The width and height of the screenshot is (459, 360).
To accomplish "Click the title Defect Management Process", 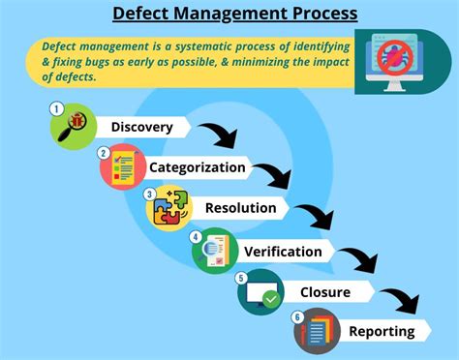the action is coord(234,15).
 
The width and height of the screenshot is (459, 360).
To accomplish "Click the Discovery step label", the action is coord(142,127).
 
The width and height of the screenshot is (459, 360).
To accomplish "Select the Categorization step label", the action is coord(197,166).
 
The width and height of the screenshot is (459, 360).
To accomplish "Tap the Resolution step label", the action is coord(240,207).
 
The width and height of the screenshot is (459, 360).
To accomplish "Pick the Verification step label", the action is coord(283,252).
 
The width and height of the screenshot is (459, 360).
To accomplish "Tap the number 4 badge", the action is coord(196,236).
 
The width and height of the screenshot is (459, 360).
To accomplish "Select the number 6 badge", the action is coord(297,317).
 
